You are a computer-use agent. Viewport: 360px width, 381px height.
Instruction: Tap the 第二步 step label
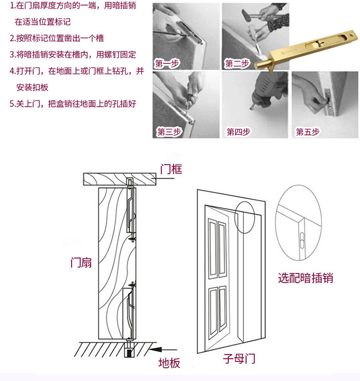[x=237, y=63]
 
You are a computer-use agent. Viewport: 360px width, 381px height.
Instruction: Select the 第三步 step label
[x=168, y=132]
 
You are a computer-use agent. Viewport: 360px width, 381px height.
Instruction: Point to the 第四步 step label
[x=238, y=132]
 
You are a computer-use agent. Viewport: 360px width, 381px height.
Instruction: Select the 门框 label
[x=171, y=169]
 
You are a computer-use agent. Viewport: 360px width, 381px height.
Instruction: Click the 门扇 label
[x=81, y=262]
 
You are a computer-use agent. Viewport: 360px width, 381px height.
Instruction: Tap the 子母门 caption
[x=239, y=358]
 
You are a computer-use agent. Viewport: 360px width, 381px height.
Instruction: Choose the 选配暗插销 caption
[x=305, y=277]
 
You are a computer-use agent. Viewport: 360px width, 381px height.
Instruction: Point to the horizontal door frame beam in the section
[x=120, y=179]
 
